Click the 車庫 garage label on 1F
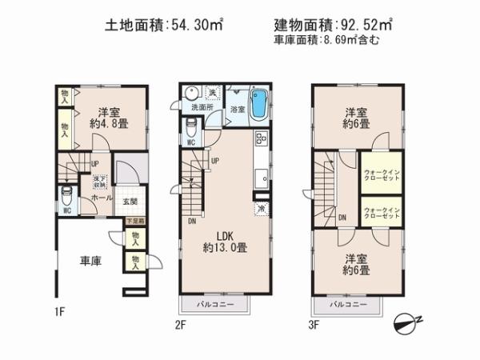point(89,262)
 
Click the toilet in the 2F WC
point(192,128)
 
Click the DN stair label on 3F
point(342,218)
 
